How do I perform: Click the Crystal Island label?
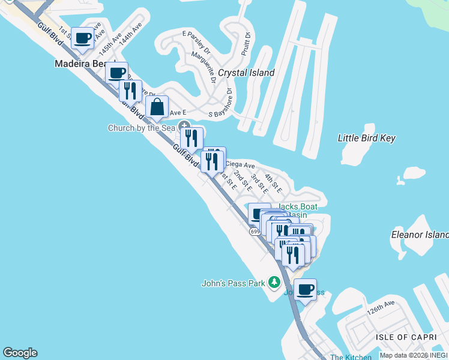point(246,73)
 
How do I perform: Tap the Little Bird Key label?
point(367,138)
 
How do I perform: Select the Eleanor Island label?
point(420,234)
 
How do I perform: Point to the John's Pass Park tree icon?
point(274,281)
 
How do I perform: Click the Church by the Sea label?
point(142,128)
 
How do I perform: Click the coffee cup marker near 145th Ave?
point(83,38)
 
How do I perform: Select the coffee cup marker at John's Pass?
point(305,290)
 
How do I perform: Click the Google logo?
point(20,353)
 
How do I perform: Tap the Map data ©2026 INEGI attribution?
point(414,355)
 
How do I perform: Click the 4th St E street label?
point(274,182)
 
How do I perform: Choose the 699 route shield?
point(255,231)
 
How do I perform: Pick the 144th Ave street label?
point(130,35)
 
